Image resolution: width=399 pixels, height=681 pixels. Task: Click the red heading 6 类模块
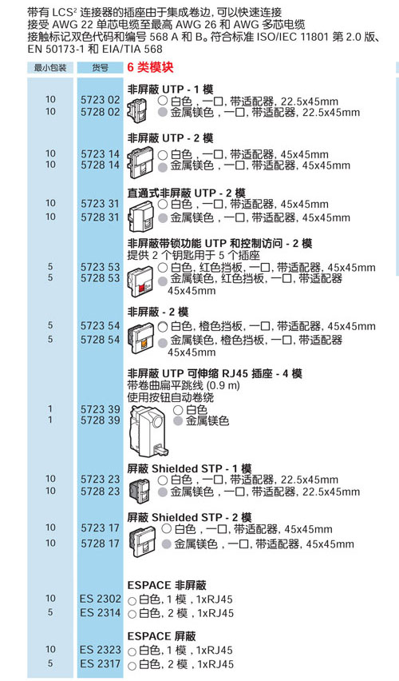coord(150,67)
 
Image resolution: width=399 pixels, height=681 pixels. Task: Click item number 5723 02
coord(100,99)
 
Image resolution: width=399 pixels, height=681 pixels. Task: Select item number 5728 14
coord(100,165)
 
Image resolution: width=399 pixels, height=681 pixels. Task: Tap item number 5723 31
coord(100,203)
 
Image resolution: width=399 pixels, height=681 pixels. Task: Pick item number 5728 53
coord(100,278)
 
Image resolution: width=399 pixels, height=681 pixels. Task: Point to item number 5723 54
coord(100,326)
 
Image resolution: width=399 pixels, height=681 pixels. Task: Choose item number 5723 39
coord(100,409)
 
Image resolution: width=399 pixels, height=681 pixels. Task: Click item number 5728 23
coord(100,491)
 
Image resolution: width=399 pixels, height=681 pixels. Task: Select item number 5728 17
coord(100,544)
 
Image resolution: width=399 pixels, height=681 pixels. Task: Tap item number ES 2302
coord(101,599)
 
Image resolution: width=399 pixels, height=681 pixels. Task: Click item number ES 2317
coord(101,663)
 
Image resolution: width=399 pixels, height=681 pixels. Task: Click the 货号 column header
coord(100,68)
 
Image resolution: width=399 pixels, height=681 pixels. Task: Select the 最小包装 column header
coord(50,68)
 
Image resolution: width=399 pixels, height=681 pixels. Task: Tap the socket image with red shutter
coord(141,279)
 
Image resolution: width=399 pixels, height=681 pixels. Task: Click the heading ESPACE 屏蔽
coord(161,636)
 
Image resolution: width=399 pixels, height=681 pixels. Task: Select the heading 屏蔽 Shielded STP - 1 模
coord(189,468)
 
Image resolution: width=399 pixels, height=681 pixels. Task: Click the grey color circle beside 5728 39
coord(178,421)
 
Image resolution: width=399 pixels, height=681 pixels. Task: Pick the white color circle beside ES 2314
coord(132,614)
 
